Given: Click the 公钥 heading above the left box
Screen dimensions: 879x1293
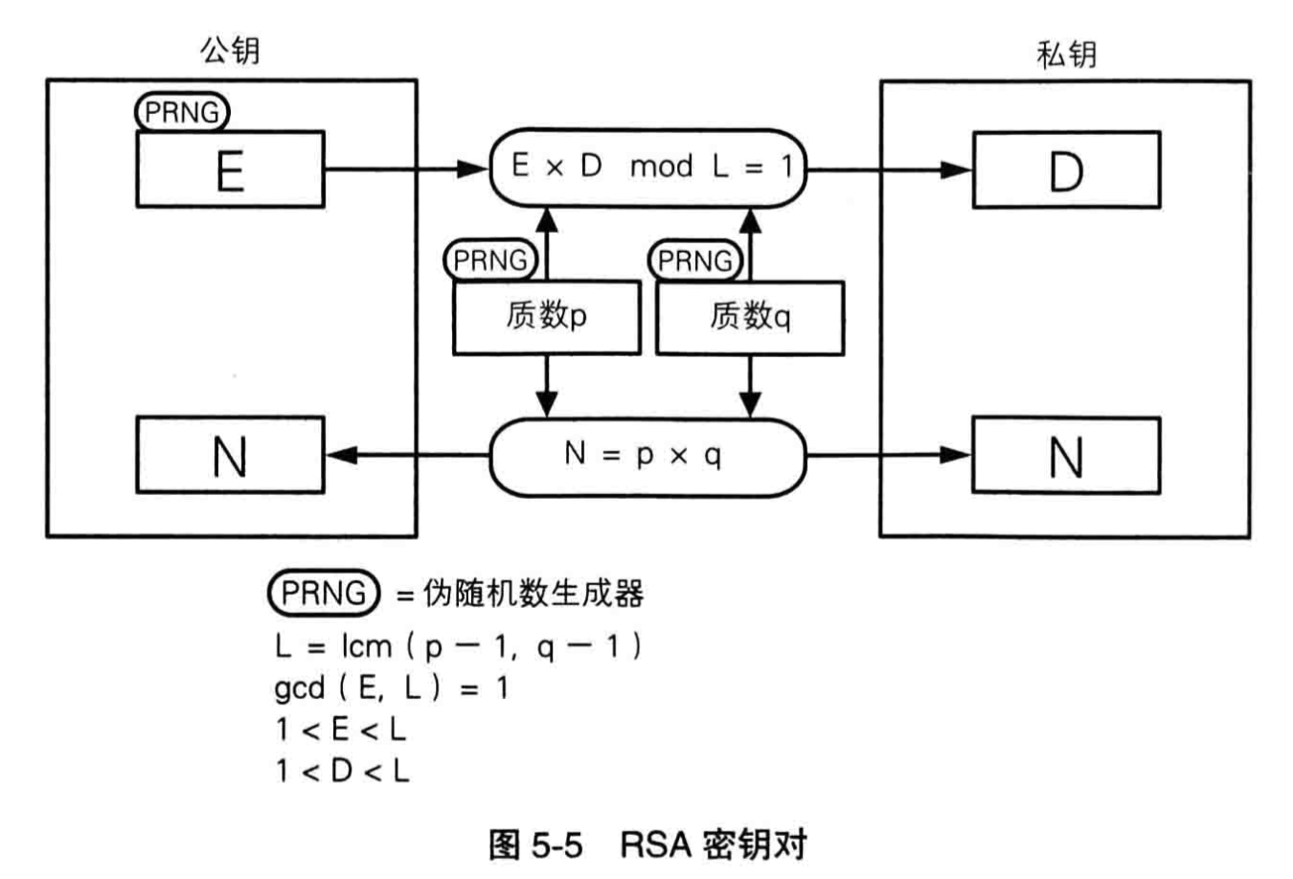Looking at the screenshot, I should tap(230, 50).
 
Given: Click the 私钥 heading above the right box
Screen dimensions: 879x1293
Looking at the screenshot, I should tap(1066, 54).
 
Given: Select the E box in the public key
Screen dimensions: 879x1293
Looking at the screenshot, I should tap(230, 170).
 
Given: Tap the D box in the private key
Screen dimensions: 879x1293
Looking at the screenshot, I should tap(1066, 170).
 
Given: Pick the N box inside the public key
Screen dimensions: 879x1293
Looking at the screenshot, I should tap(230, 455).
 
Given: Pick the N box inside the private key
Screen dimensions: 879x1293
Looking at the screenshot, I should tap(1066, 455).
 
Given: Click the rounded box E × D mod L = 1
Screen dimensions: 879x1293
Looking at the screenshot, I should tap(648, 168).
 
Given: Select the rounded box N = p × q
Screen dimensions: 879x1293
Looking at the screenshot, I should tap(648, 456).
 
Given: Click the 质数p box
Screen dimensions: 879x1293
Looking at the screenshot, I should tap(546, 316).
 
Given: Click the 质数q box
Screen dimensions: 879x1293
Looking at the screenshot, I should tap(750, 316).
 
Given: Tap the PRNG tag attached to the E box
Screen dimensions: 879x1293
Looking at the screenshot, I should tap(182, 112).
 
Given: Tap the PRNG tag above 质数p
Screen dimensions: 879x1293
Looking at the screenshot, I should tap(490, 259).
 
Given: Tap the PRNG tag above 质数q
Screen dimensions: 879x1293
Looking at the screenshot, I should tap(694, 260).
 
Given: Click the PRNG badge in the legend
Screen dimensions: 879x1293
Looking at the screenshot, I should tap(324, 593).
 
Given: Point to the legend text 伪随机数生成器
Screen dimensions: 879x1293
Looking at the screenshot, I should tap(533, 595).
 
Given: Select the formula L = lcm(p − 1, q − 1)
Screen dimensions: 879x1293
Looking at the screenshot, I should tap(458, 647).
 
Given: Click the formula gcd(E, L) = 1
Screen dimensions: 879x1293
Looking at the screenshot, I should tap(391, 688).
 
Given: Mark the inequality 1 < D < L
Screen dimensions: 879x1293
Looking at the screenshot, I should tap(342, 771).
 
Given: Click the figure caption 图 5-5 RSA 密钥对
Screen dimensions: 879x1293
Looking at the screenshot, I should tap(647, 845).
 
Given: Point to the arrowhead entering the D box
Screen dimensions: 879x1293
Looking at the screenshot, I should tap(958, 170).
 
